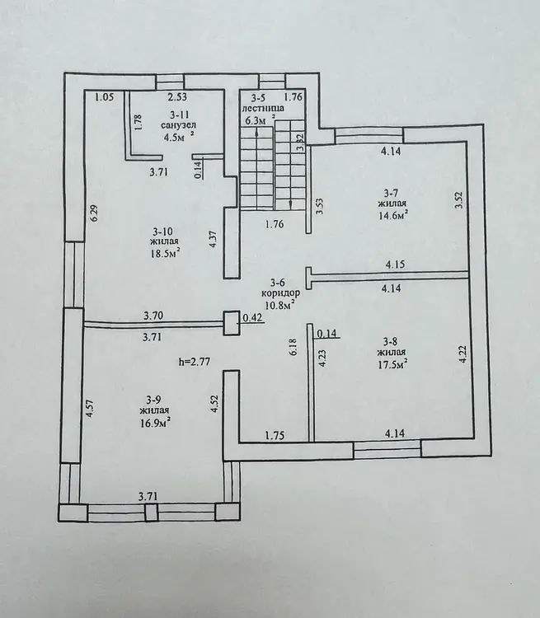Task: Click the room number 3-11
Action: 180,115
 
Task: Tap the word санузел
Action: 179,125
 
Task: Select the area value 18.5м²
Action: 165,253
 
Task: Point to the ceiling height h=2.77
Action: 194,361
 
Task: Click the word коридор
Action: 281,293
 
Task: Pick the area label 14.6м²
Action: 392,215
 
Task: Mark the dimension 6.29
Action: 94,213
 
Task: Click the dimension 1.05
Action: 105,97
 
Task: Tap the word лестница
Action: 263,108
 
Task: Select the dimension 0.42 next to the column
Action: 252,318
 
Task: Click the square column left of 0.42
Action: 232,323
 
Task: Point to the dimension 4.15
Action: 395,264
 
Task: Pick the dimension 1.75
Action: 275,436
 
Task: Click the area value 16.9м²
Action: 155,423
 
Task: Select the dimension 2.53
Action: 177,96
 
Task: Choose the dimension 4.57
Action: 90,409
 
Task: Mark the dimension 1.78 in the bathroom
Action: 138,123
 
